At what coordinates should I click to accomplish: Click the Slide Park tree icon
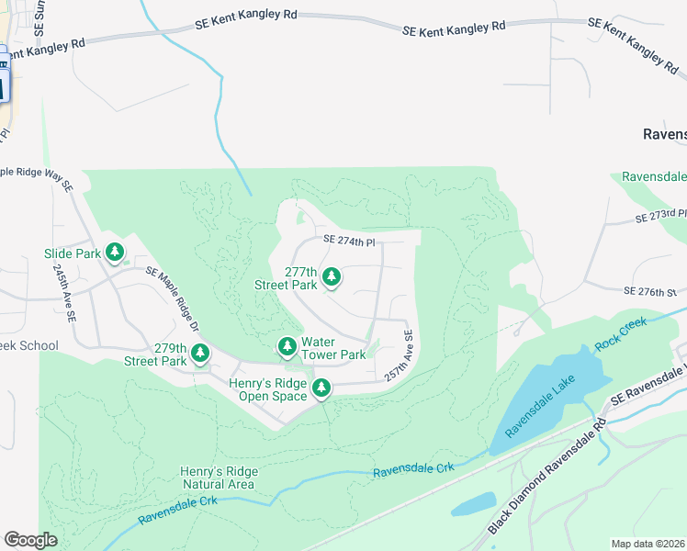tap(115, 252)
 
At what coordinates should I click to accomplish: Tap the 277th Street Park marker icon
tap(331, 276)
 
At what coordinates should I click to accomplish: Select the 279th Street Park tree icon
tap(198, 353)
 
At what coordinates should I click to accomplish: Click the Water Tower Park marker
tap(287, 345)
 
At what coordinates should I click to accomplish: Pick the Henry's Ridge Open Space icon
tap(321, 388)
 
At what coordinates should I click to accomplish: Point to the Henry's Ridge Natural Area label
tap(218, 478)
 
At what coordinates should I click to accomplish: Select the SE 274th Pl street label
tap(350, 240)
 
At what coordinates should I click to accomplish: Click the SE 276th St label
tap(649, 291)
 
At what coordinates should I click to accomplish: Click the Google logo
tap(30, 540)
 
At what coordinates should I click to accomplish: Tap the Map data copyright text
tap(648, 544)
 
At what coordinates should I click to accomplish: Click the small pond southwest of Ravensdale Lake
tap(474, 502)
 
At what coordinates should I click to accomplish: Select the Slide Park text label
tap(72, 253)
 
